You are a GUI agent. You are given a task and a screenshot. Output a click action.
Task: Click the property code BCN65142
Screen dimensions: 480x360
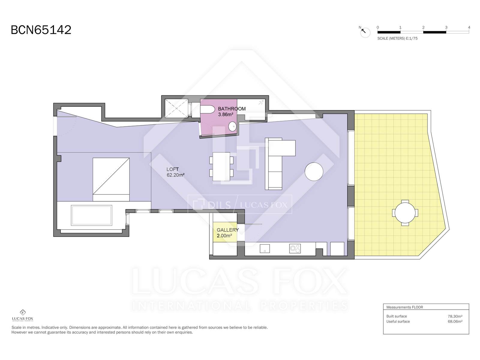41,30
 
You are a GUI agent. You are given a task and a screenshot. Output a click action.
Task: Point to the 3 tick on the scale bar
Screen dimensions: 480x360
446,28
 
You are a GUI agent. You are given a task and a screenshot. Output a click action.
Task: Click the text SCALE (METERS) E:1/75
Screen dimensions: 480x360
397,38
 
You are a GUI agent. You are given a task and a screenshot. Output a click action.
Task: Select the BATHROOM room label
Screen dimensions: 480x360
232,109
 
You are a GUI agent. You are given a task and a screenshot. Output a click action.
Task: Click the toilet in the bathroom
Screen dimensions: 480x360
208,109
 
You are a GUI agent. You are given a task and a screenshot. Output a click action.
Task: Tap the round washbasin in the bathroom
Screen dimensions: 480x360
232,126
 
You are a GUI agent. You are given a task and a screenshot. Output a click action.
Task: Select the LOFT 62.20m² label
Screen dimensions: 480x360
175,172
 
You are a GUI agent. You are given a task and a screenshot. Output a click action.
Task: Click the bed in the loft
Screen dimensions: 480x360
111,179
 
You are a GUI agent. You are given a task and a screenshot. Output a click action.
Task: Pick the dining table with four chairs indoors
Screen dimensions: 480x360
221,166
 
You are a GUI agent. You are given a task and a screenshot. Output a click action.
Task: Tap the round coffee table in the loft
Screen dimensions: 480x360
314,172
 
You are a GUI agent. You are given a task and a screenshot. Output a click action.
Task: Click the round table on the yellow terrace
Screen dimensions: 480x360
405,213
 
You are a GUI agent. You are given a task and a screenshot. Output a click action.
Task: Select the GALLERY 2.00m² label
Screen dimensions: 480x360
227,232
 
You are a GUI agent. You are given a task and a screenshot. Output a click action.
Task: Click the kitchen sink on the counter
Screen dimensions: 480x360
265,248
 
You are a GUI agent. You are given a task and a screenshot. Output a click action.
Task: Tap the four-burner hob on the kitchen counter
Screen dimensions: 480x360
295,248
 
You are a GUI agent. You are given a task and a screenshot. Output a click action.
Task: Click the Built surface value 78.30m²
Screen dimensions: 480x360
455,316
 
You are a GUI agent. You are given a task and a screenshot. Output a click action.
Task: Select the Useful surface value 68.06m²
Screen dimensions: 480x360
455,322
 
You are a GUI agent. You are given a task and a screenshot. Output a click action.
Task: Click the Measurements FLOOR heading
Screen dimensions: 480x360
405,307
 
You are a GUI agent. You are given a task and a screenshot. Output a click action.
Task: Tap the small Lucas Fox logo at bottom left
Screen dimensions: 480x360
22,315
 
